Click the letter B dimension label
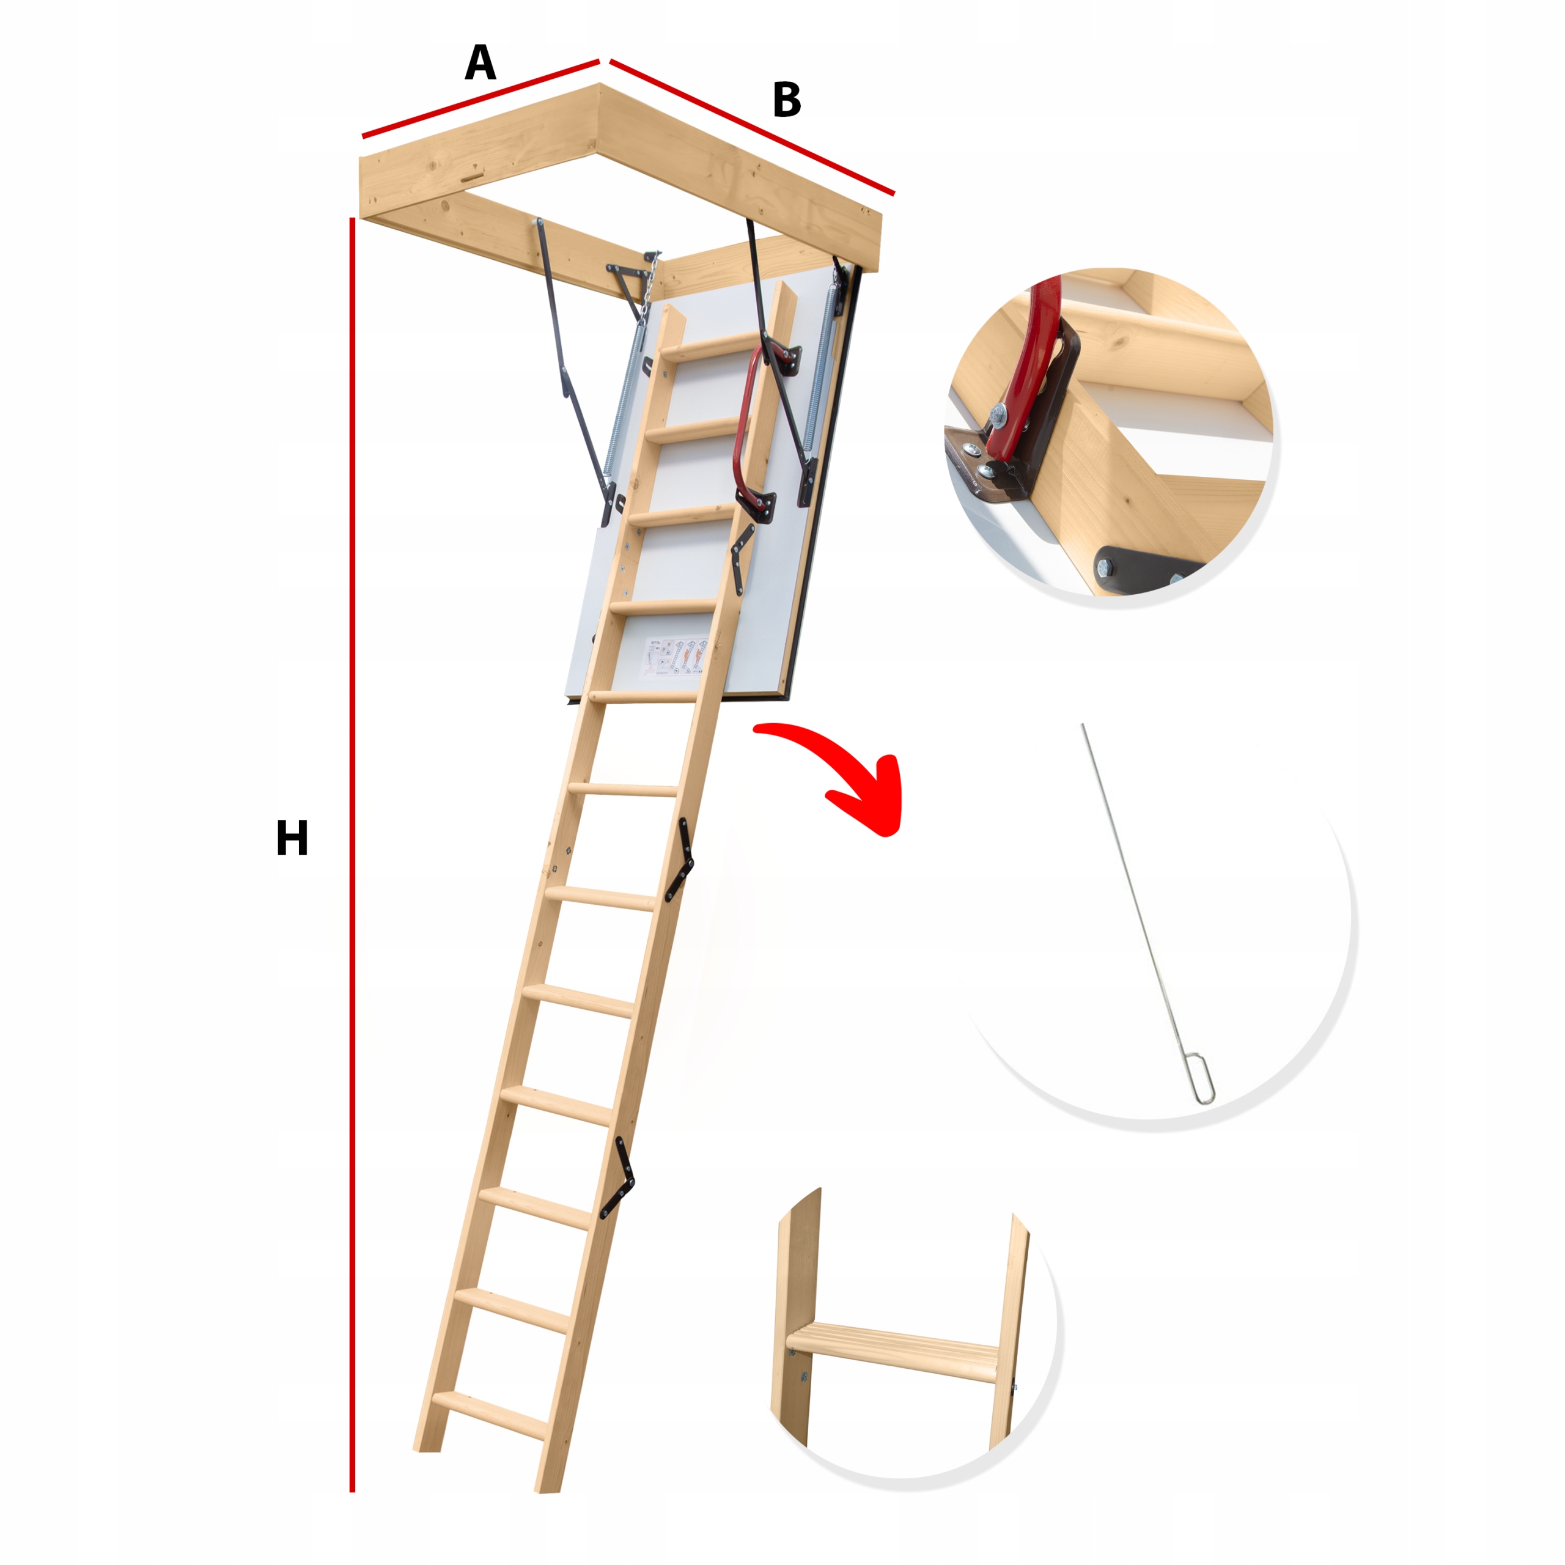click(x=787, y=100)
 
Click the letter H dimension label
click(x=292, y=838)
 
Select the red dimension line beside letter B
click(x=753, y=128)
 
